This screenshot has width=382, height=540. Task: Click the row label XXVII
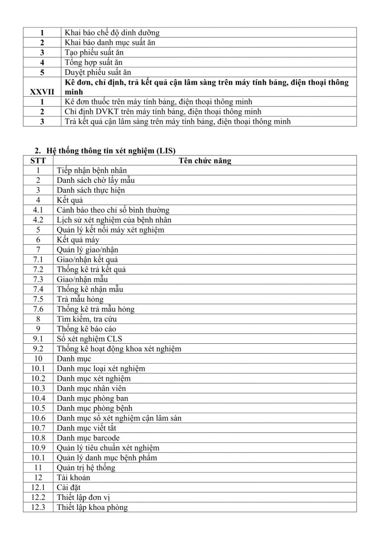(x=42, y=92)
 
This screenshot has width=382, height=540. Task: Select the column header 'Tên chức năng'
(x=205, y=161)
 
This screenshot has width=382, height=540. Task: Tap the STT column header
(x=38, y=161)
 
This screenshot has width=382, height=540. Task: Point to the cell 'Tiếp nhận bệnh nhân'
(x=92, y=171)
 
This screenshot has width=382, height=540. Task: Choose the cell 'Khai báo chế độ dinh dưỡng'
(x=112, y=32)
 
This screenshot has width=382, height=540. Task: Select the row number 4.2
(x=38, y=220)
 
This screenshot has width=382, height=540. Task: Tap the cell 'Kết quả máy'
(x=78, y=240)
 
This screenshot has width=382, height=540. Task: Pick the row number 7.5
(x=38, y=299)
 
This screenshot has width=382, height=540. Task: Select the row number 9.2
(x=38, y=349)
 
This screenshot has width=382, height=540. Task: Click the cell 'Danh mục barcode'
(x=88, y=438)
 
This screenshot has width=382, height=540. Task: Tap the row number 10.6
(x=38, y=418)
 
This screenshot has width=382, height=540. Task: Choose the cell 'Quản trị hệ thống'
(x=86, y=468)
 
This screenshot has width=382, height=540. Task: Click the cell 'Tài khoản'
(x=73, y=477)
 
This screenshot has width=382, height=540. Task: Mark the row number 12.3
(x=38, y=507)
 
